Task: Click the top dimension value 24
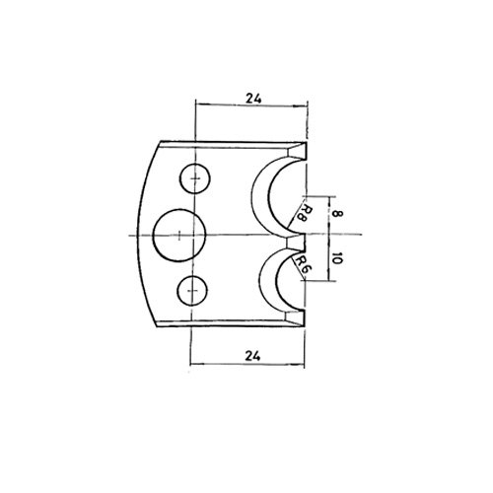point(253,99)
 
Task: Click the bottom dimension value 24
point(252,355)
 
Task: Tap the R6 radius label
point(302,264)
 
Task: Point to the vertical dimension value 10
point(337,259)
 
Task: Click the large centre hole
point(179,236)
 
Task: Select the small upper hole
point(195,178)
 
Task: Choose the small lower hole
point(192,291)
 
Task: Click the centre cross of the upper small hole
point(196,178)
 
